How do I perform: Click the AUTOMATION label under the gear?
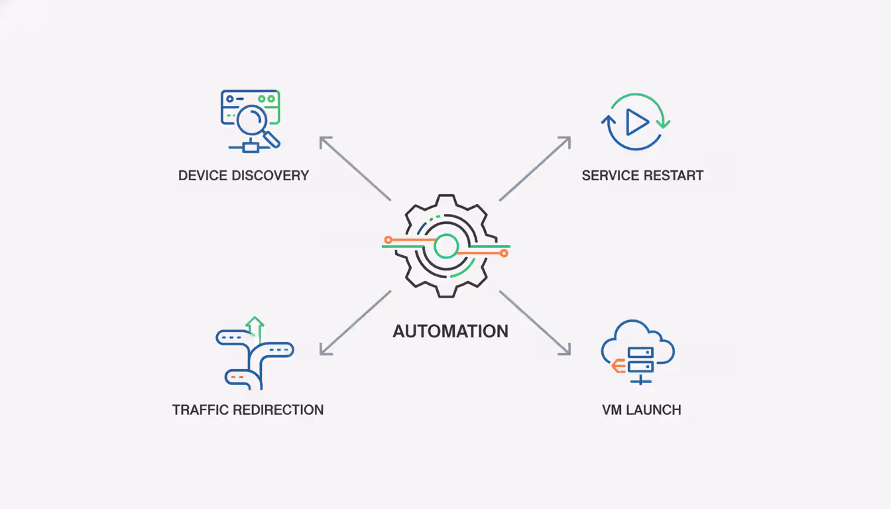450,331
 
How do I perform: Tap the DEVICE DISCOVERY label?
243,176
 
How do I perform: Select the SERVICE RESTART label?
642,176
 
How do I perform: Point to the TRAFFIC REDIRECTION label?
247,410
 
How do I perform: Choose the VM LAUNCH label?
641,410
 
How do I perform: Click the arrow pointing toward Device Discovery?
355,168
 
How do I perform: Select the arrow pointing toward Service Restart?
535,168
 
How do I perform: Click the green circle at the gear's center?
446,247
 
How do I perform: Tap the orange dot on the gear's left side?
388,239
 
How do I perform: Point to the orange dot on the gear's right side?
504,253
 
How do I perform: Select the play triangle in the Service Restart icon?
637,122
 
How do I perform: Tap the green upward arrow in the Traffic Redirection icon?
255,325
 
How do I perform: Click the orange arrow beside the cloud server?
618,365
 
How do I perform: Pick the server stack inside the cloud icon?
640,359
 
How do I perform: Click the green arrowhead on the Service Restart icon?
663,123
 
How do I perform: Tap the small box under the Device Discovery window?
251,147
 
